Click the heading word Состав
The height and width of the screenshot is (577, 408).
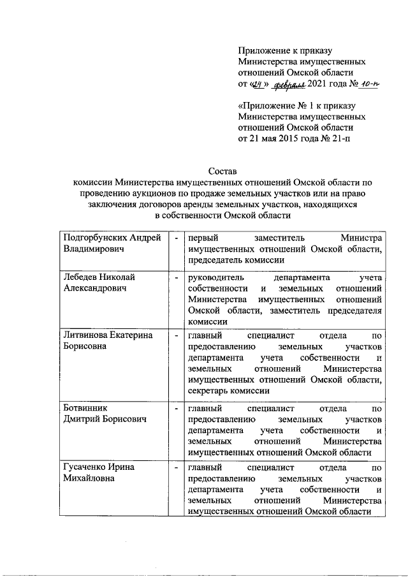pyautogui.click(x=222, y=172)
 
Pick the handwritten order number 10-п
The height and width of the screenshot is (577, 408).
pyautogui.click(x=368, y=85)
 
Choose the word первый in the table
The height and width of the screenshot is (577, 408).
pyautogui.click(x=202, y=237)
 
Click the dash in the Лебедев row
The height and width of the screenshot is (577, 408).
pyautogui.click(x=175, y=277)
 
